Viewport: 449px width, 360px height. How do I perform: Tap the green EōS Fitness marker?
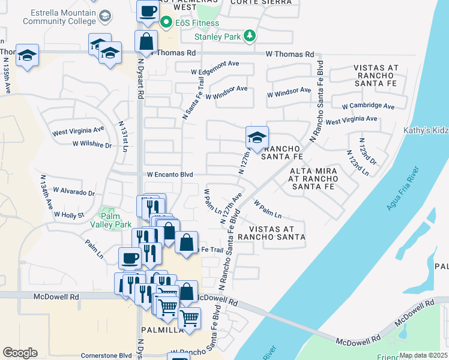point(167,23)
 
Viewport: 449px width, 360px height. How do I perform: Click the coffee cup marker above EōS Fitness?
point(148,11)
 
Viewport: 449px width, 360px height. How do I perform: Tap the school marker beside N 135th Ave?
point(27,56)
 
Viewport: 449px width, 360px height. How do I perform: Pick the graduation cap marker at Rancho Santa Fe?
point(256,138)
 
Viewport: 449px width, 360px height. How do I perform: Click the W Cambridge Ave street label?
point(368,106)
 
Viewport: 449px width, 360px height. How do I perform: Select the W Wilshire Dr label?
point(92,145)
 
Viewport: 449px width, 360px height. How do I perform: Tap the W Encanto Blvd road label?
point(170,175)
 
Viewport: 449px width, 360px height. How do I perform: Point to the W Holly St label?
point(68,214)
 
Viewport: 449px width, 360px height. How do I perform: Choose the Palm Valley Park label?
point(115,220)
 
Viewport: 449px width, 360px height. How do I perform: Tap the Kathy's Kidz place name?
point(426,130)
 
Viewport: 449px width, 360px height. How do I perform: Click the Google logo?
point(20,352)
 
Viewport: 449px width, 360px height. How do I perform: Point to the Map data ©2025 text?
point(423,355)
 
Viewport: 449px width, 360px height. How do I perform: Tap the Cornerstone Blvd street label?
point(106,355)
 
